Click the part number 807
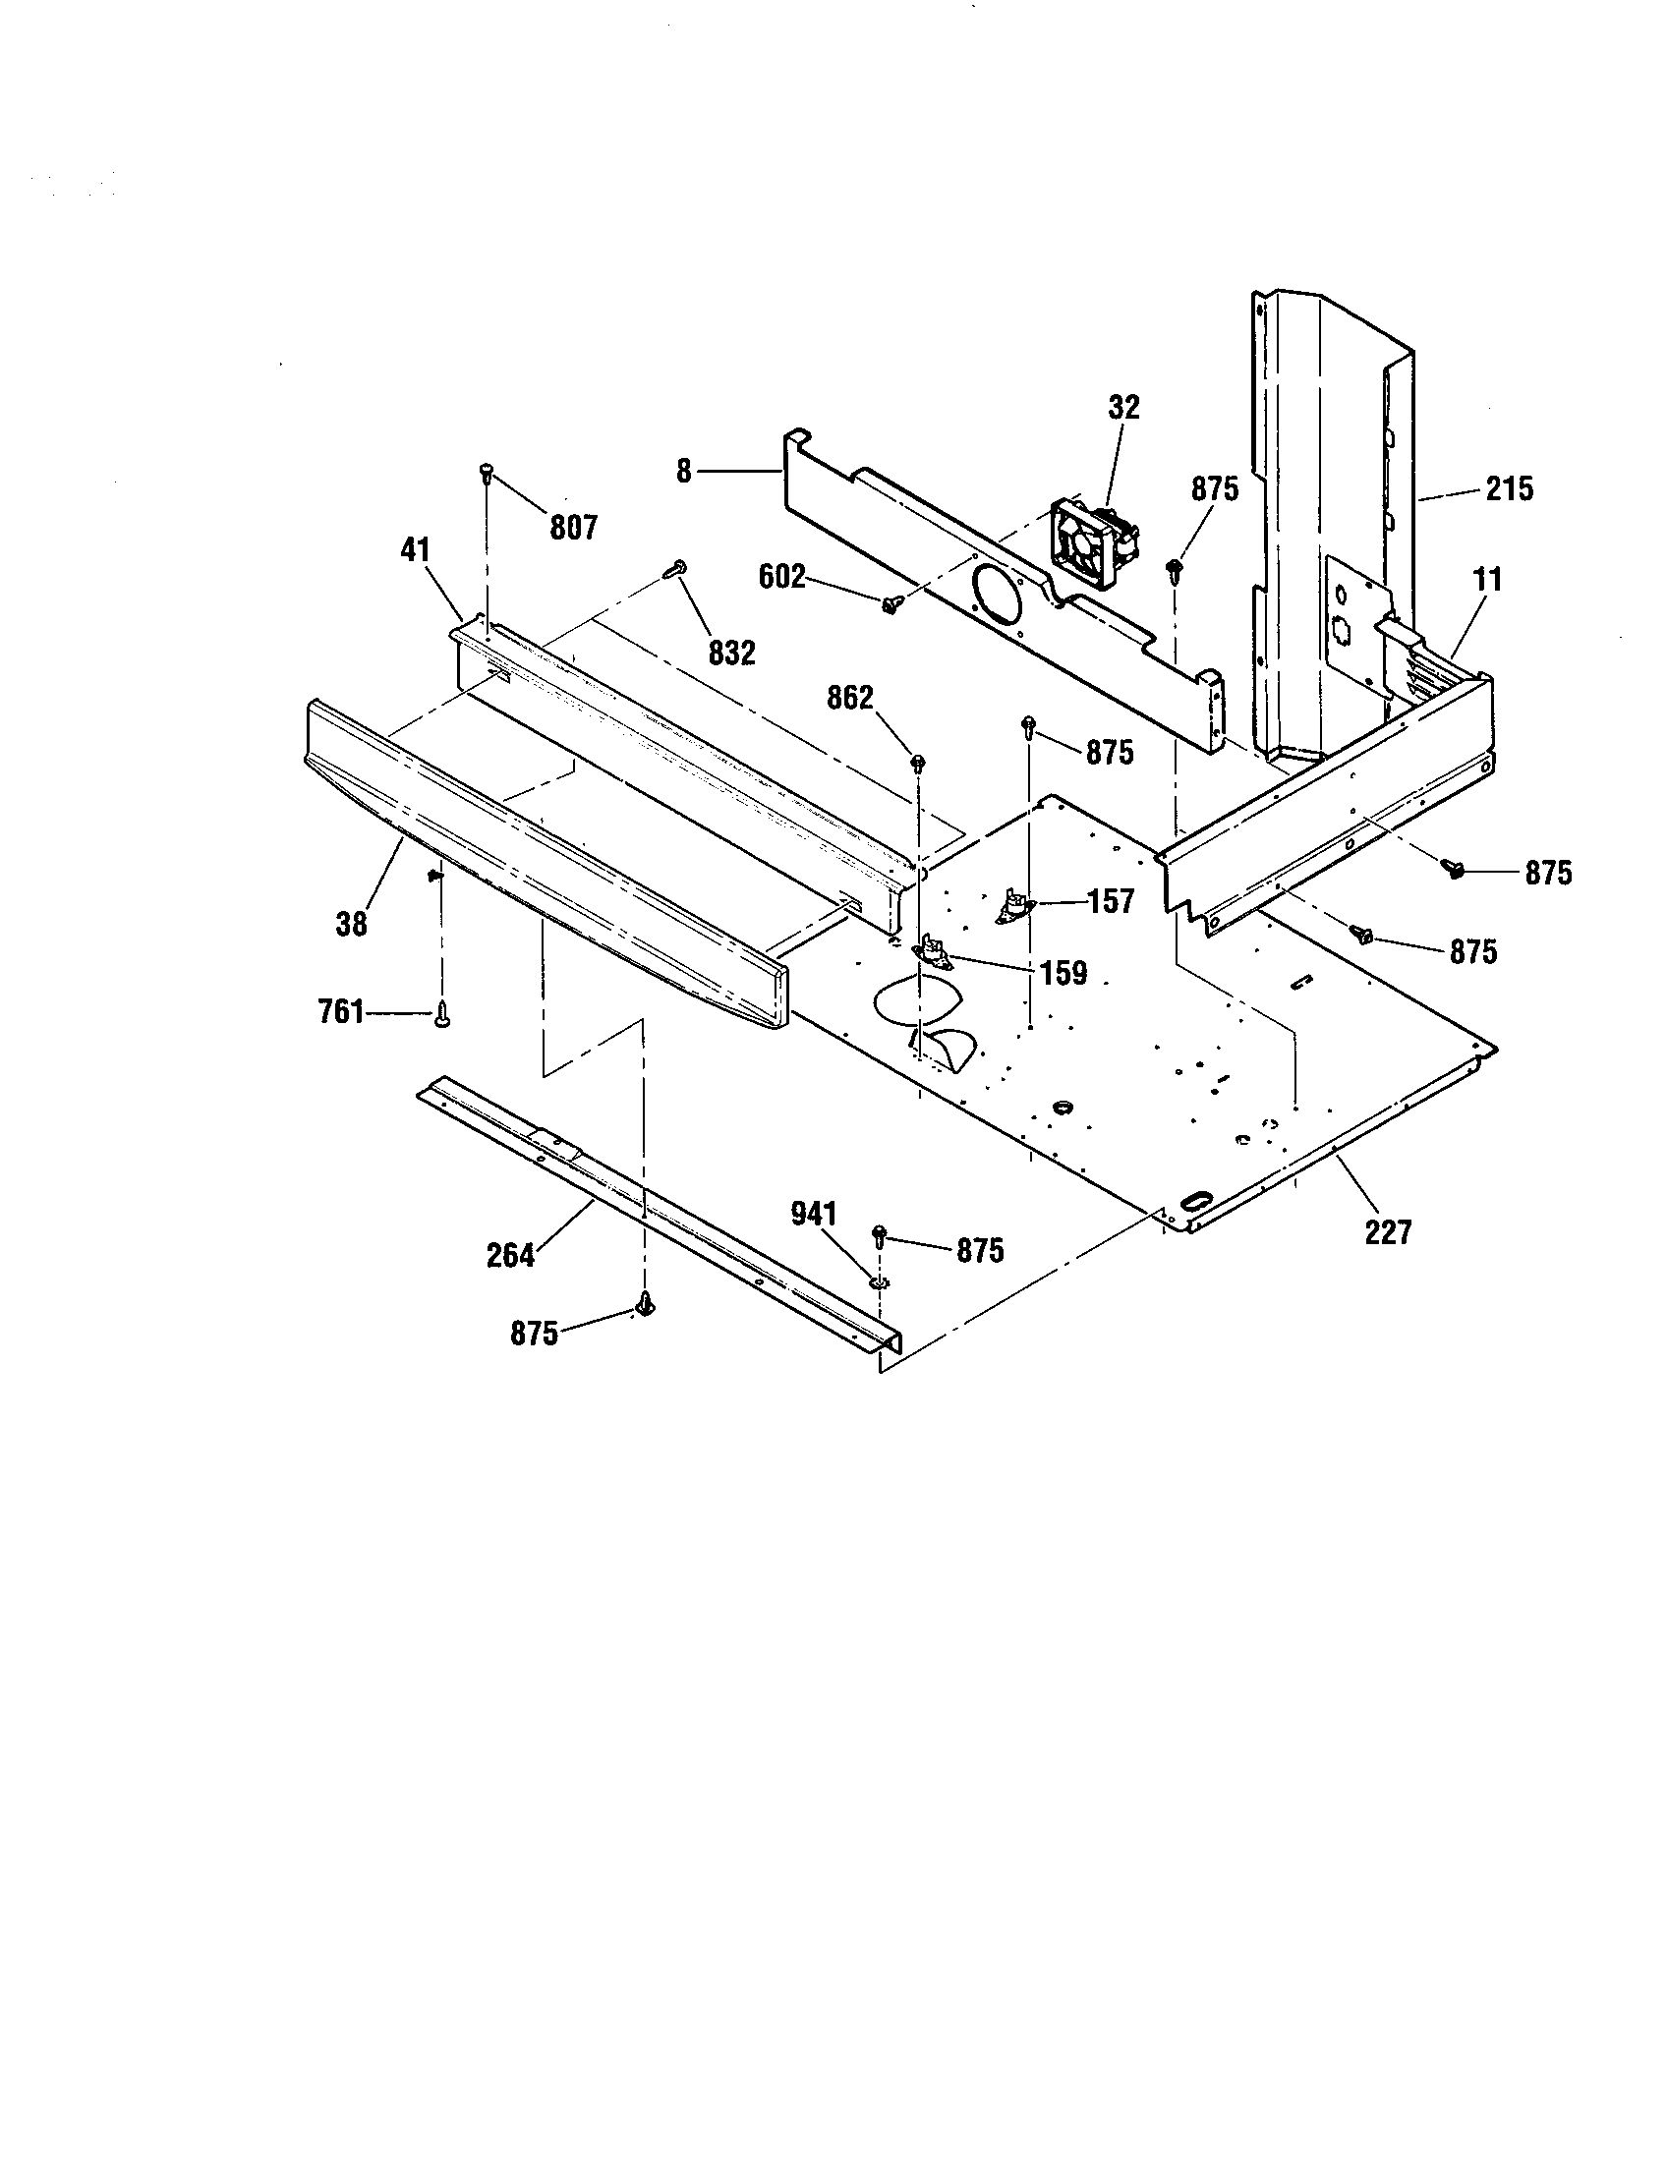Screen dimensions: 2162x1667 click(x=573, y=528)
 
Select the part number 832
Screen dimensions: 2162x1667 click(x=731, y=652)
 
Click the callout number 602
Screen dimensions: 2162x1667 click(x=782, y=576)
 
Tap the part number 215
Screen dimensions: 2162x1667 click(x=1509, y=488)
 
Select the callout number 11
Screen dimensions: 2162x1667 click(x=1487, y=579)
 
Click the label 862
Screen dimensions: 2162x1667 click(x=850, y=698)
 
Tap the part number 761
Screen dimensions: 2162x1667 click(x=340, y=1011)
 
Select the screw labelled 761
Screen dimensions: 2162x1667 click(x=440, y=1016)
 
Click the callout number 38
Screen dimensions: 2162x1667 click(x=352, y=924)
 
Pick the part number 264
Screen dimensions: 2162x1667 click(x=510, y=1255)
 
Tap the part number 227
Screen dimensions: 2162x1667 click(x=1388, y=1231)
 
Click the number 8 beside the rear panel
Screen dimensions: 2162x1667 click(x=684, y=472)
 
